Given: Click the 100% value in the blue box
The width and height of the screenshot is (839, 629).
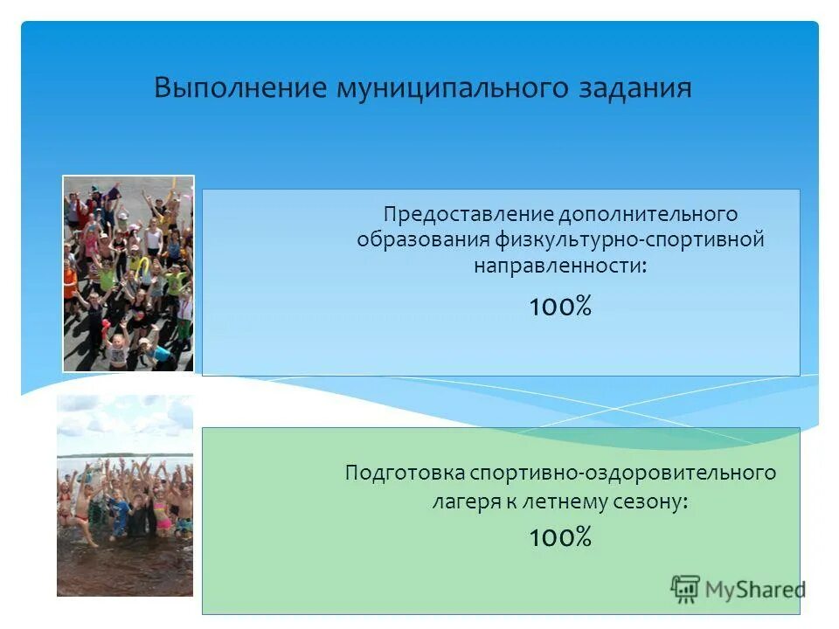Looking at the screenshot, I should [x=560, y=307].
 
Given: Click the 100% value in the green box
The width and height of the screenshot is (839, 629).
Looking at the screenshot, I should [x=560, y=537].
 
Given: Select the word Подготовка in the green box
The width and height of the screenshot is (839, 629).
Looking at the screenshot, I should [x=404, y=473].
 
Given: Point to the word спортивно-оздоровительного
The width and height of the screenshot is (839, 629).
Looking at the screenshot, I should [x=623, y=473].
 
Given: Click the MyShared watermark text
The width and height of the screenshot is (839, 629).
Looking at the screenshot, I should [x=755, y=590].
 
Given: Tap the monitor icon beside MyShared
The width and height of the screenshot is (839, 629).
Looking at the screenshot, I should [x=686, y=590].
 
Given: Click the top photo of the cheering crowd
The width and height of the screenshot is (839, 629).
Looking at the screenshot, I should [x=128, y=273].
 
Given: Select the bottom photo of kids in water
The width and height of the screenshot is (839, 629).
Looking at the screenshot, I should [x=125, y=507].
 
